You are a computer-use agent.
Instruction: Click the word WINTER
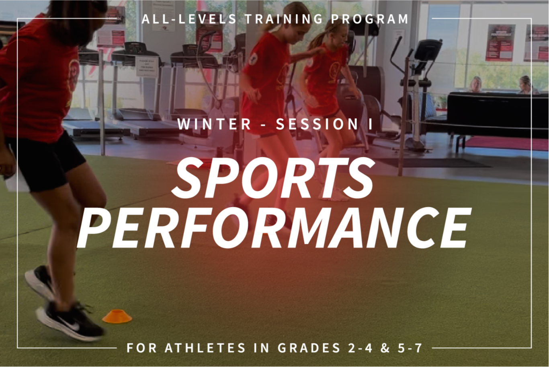pyautogui.click(x=214, y=124)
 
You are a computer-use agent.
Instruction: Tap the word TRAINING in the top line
pyautogui.click(x=284, y=19)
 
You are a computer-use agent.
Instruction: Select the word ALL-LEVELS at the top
pyautogui.click(x=189, y=19)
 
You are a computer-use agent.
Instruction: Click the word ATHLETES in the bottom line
pyautogui.click(x=205, y=348)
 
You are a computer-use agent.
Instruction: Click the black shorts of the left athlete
pyautogui.click(x=42, y=161)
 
